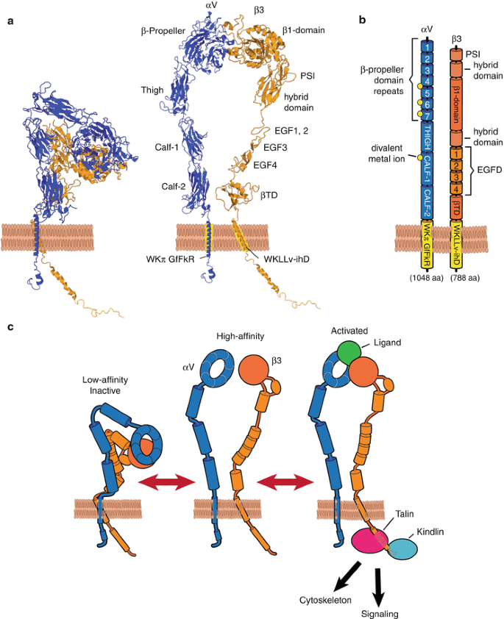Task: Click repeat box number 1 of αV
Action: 426,46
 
